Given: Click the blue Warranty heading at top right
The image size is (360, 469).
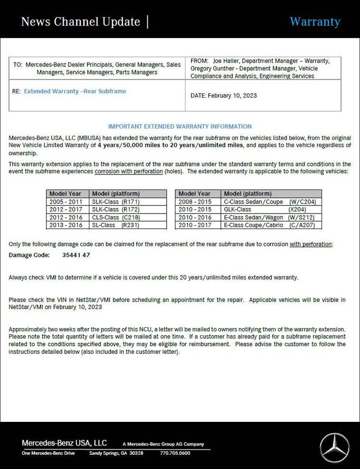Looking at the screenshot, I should pos(315,22).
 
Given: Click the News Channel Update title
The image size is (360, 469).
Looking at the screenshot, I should pos(80,22).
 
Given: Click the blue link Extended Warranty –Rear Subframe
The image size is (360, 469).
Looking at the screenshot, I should pos(75,91).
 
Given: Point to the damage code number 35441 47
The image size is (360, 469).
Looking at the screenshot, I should pos(76,255).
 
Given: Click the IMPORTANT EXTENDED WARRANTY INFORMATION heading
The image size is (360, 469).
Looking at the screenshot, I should pos(180,127).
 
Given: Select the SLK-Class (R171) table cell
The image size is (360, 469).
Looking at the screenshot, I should pos(115,202).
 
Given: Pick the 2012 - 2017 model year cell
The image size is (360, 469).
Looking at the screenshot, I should pos(66,210).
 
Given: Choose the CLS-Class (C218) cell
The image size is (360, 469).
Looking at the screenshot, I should pos(115,217).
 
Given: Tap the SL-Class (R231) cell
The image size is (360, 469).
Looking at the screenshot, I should pos(115,225).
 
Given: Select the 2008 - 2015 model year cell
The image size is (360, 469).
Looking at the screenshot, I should pos(195,202).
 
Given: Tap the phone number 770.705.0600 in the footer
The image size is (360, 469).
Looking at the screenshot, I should pos(175,453).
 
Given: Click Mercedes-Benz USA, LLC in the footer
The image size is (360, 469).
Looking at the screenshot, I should pos(64,443).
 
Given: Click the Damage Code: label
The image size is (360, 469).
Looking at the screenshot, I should pos(29,255).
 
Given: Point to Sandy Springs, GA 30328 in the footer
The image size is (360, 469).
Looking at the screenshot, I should pos(116,453).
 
